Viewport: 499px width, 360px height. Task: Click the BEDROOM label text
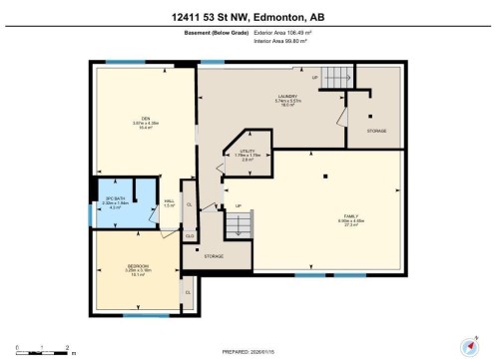point(138,266)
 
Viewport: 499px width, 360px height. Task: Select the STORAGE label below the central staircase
point(215,257)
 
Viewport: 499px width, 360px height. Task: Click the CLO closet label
point(189,234)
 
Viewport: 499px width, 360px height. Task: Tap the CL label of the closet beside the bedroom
point(187,292)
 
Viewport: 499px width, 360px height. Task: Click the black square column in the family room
point(325,177)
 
